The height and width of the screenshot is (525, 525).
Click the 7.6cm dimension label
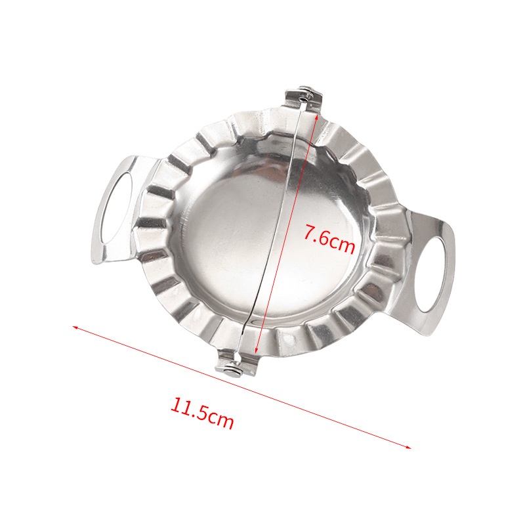pos(329,238)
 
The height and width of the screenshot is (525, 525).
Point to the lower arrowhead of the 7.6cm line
pos(256,350)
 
